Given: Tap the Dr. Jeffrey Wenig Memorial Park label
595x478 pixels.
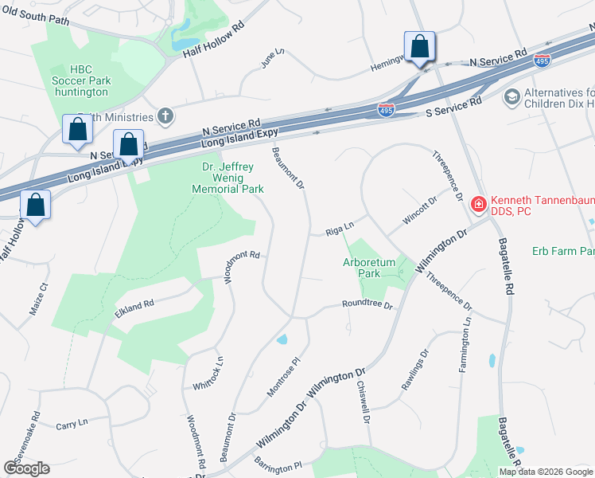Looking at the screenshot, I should point(227,178).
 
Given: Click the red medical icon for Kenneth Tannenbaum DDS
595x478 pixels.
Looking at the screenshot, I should point(478,204).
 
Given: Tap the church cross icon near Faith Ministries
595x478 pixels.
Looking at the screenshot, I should point(165,116).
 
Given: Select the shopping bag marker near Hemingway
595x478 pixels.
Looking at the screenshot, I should point(418,48).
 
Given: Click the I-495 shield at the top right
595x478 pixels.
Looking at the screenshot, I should point(541,60).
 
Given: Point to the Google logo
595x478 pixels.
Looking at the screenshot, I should point(26,468).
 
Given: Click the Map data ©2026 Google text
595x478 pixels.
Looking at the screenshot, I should point(546,472).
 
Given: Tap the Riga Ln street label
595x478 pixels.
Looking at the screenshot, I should point(339,231).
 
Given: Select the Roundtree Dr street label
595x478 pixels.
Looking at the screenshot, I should point(367,304).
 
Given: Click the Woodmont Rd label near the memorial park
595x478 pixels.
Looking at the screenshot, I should point(243,265).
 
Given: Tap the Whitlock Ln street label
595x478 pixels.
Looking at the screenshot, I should point(208,373).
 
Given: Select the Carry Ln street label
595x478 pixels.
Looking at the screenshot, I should point(72,425).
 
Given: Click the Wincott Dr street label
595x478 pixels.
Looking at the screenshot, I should point(421,213).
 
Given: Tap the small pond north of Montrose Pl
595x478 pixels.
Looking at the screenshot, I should point(282,340).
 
